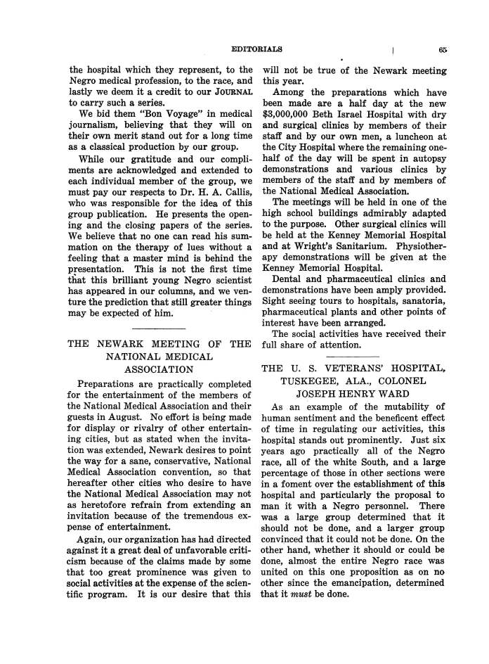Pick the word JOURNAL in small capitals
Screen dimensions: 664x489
[227, 91]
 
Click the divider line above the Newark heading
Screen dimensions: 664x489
[159, 328]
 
